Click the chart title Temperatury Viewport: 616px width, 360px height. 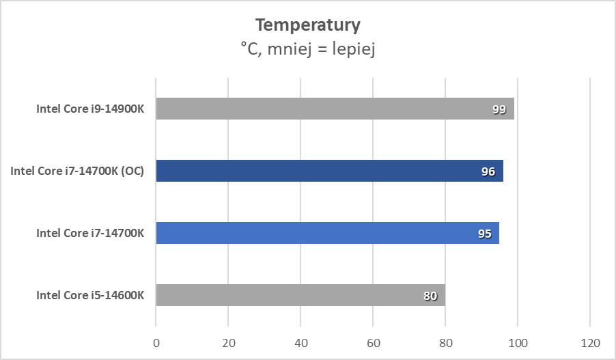[307, 25]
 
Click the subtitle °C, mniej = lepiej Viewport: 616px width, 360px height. [307, 49]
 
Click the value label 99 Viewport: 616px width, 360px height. [499, 109]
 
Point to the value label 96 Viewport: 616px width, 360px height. [488, 171]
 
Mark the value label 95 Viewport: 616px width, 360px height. [484, 234]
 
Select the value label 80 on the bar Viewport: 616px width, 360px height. [430, 296]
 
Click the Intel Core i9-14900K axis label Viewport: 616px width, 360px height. [90, 109]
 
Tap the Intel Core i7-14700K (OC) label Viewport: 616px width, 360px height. [77, 171]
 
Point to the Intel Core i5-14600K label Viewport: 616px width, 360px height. [90, 295]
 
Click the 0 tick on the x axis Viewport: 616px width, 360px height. [156, 342]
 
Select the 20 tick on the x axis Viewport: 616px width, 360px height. [228, 342]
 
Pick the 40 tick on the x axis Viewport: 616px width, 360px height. [300, 342]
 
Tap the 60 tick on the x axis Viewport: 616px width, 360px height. [373, 342]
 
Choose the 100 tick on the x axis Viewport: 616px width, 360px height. [518, 342]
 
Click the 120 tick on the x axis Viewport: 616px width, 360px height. [590, 342]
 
